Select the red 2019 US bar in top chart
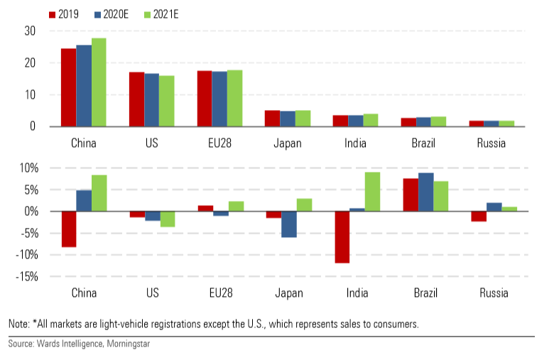(136, 99)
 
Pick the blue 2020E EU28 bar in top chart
(219, 99)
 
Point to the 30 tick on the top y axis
(29, 31)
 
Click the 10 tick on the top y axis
(29, 94)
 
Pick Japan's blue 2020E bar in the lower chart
(288, 224)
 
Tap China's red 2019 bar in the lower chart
(68, 229)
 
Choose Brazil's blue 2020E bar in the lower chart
(425, 192)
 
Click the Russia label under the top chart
(491, 143)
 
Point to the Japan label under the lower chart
(287, 293)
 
